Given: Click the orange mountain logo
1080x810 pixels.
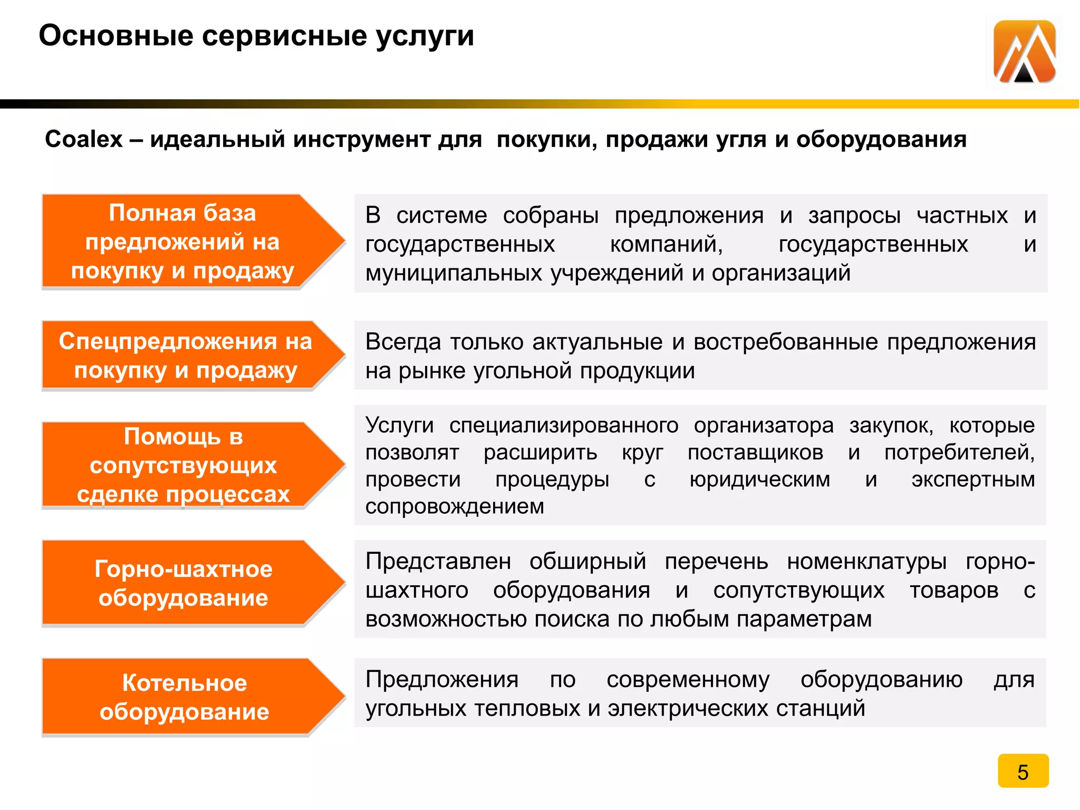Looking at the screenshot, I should (x=1024, y=52).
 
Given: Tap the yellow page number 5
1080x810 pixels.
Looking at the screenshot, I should (x=1023, y=772).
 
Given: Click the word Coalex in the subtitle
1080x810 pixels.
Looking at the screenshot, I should (x=84, y=140).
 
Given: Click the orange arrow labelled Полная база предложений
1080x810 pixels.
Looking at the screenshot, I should (x=182, y=242).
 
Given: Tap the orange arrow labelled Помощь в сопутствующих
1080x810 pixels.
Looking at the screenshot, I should (x=183, y=465).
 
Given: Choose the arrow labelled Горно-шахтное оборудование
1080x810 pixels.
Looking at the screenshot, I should (x=183, y=583).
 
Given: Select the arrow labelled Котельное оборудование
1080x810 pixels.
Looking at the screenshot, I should (x=185, y=697).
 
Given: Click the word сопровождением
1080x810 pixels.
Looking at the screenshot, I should (x=455, y=507).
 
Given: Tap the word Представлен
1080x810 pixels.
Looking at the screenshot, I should (x=438, y=562).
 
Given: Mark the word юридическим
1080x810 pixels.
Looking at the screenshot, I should (x=760, y=480).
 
